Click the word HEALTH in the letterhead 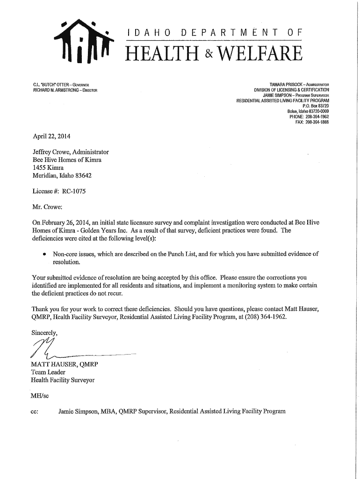coord(161,54)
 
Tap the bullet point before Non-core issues coord(43,254)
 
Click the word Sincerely coord(44,333)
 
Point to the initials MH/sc coord(40,396)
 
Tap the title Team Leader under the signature coord(48,372)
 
